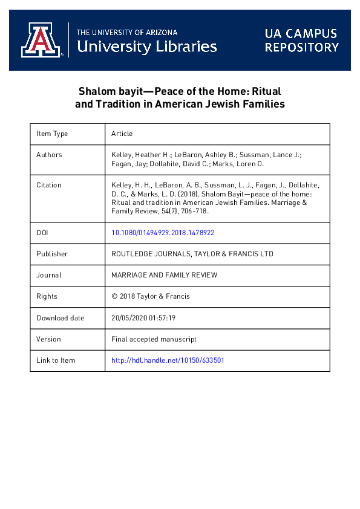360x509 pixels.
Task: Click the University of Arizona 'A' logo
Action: click(41, 41)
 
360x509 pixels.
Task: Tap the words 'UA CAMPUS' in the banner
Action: click(301, 33)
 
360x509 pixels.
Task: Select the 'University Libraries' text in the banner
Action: click(147, 46)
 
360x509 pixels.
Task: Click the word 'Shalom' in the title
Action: click(96, 91)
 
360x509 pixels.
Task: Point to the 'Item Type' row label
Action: click(52, 134)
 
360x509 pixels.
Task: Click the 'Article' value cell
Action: click(122, 134)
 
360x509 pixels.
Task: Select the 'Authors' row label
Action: click(49, 155)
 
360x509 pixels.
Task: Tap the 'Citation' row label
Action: click(49, 185)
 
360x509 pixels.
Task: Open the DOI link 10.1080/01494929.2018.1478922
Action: click(163, 232)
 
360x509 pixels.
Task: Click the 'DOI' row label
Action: click(42, 232)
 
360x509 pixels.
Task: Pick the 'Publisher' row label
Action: click(52, 254)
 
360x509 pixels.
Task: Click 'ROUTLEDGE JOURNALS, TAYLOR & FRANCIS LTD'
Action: click(192, 254)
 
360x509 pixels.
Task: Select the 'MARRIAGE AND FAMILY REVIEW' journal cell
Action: click(165, 275)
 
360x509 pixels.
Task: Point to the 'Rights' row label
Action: click(47, 296)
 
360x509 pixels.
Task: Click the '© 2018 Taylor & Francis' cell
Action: click(151, 296)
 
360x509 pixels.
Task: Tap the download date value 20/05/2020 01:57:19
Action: click(143, 318)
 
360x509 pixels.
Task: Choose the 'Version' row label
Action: click(48, 339)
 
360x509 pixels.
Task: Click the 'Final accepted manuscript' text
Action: click(154, 339)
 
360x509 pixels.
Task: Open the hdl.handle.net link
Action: click(168, 360)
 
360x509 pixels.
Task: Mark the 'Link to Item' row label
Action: click(56, 360)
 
